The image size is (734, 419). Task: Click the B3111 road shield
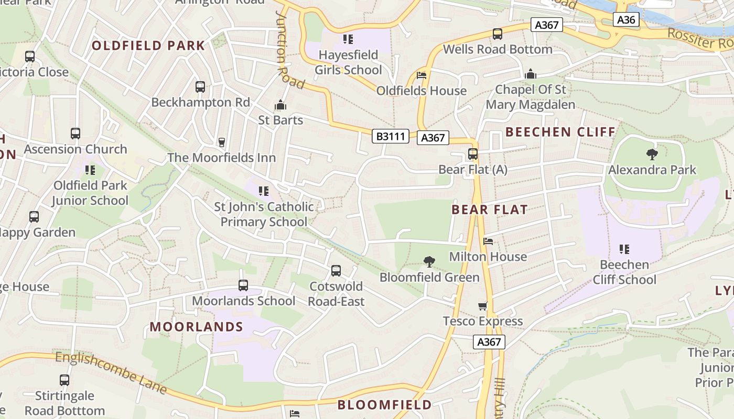[x=391, y=137]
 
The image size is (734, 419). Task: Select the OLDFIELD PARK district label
[x=148, y=46]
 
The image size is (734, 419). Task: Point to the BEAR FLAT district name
[x=489, y=210]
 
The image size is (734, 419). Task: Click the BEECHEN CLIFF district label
[x=560, y=132]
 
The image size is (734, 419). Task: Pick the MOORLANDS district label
[x=196, y=327]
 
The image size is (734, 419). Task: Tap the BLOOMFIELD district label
[x=384, y=405]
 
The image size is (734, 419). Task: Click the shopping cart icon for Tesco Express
[x=482, y=306]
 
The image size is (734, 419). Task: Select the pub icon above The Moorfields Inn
[x=221, y=142]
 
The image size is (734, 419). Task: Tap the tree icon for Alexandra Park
[x=652, y=154]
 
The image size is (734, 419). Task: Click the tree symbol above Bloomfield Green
[x=429, y=261]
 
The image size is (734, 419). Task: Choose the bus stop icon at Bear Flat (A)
[x=472, y=154]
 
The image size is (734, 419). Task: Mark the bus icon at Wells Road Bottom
[x=497, y=34]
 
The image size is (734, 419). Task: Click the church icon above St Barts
[x=280, y=105]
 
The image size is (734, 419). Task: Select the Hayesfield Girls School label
[x=348, y=62]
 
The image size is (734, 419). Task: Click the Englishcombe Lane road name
[x=111, y=372]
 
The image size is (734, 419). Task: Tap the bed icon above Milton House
[x=488, y=241]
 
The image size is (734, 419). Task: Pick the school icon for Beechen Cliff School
[x=624, y=249]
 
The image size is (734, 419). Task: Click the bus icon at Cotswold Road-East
[x=336, y=271]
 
